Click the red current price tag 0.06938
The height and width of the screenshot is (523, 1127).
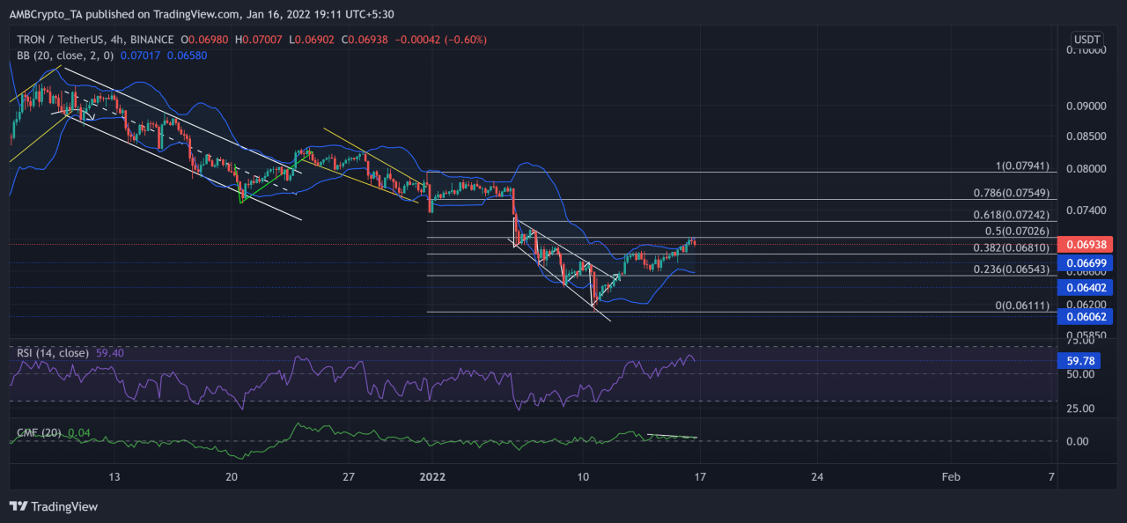coord(1089,244)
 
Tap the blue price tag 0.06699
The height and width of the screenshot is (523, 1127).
coord(1089,263)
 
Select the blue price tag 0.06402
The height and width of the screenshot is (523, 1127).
coord(1089,287)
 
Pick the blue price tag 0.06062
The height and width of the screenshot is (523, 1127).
coord(1089,316)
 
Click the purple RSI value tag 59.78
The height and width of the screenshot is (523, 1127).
coord(1089,360)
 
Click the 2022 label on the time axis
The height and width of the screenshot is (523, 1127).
coord(432,476)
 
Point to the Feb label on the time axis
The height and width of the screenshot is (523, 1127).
coord(951,476)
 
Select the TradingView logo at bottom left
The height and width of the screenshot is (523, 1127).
coord(54,506)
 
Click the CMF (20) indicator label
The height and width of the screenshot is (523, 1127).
coord(40,432)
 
